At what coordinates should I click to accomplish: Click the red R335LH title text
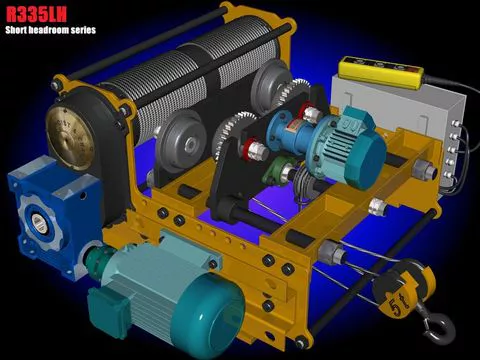point(36,14)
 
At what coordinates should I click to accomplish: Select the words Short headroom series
point(51,30)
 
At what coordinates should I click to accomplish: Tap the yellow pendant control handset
point(381,71)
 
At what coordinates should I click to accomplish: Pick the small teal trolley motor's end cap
point(365,163)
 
